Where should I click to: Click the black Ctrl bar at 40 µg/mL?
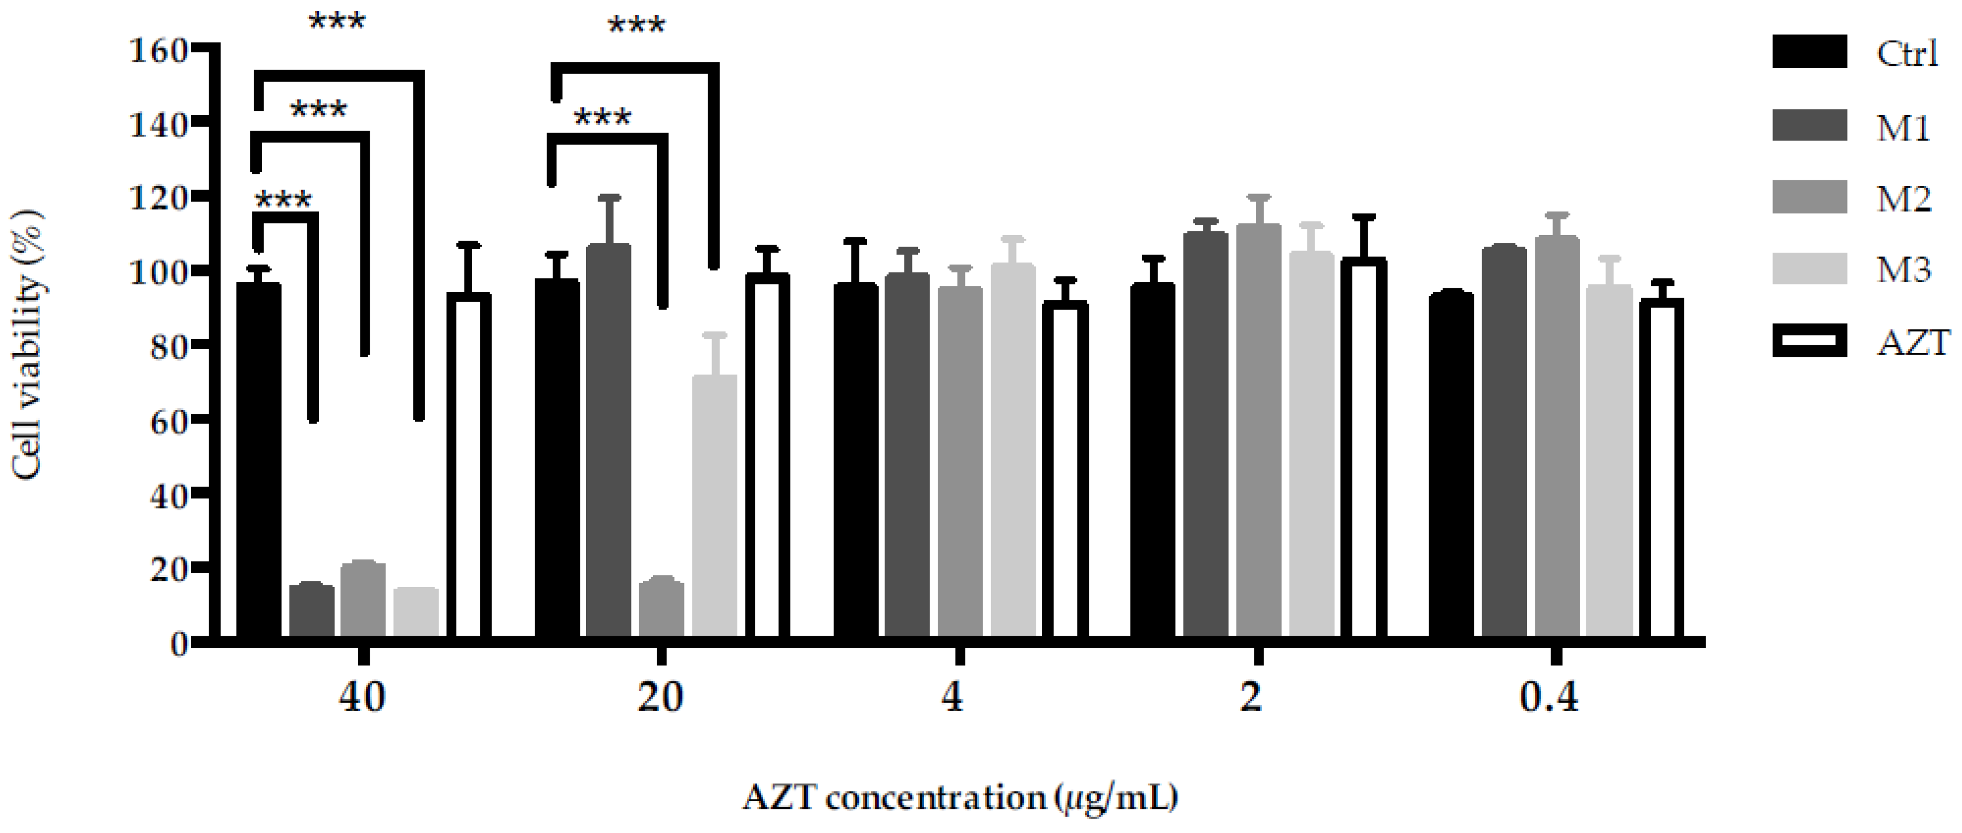pos(259,457)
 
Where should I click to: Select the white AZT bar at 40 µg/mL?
pos(468,465)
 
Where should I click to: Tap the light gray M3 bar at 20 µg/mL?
pos(714,503)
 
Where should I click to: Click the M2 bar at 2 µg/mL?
pos(1258,427)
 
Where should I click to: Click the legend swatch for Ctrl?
pos(1809,52)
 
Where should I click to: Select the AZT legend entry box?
pos(1809,341)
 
